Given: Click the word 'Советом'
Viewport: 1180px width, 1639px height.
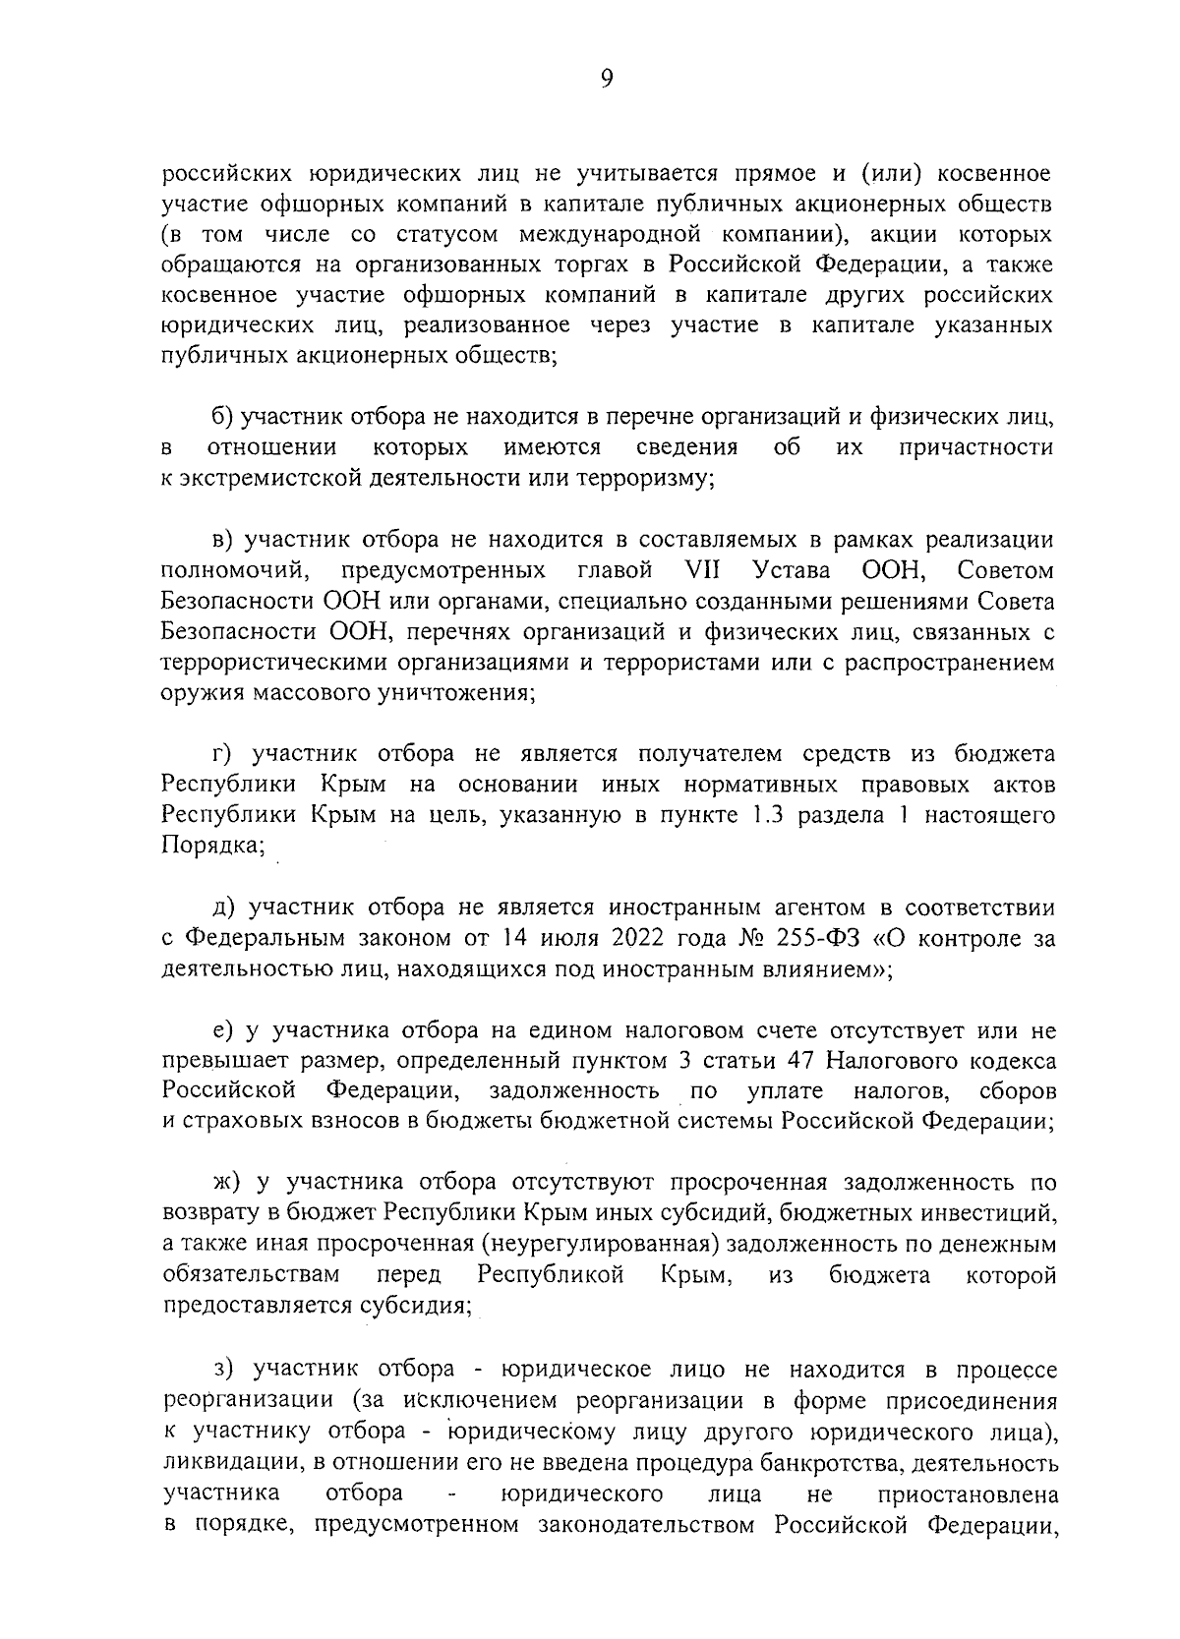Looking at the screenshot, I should pos(1005,570).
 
